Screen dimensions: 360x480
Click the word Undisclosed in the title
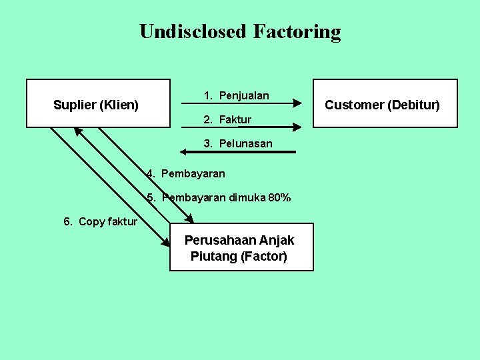pos(193,31)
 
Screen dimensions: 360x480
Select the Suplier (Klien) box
pos(98,103)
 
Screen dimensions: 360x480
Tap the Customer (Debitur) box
pos(385,103)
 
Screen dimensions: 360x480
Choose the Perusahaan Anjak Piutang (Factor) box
pos(241,247)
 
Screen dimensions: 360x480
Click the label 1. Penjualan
pos(237,95)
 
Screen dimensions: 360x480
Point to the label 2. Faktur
pos(227,119)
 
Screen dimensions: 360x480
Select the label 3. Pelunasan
pos(238,143)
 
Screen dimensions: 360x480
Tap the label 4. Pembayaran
pos(186,173)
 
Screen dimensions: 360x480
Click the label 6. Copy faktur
pos(101,221)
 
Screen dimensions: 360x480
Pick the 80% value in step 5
pos(279,197)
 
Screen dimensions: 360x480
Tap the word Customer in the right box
pos(354,105)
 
